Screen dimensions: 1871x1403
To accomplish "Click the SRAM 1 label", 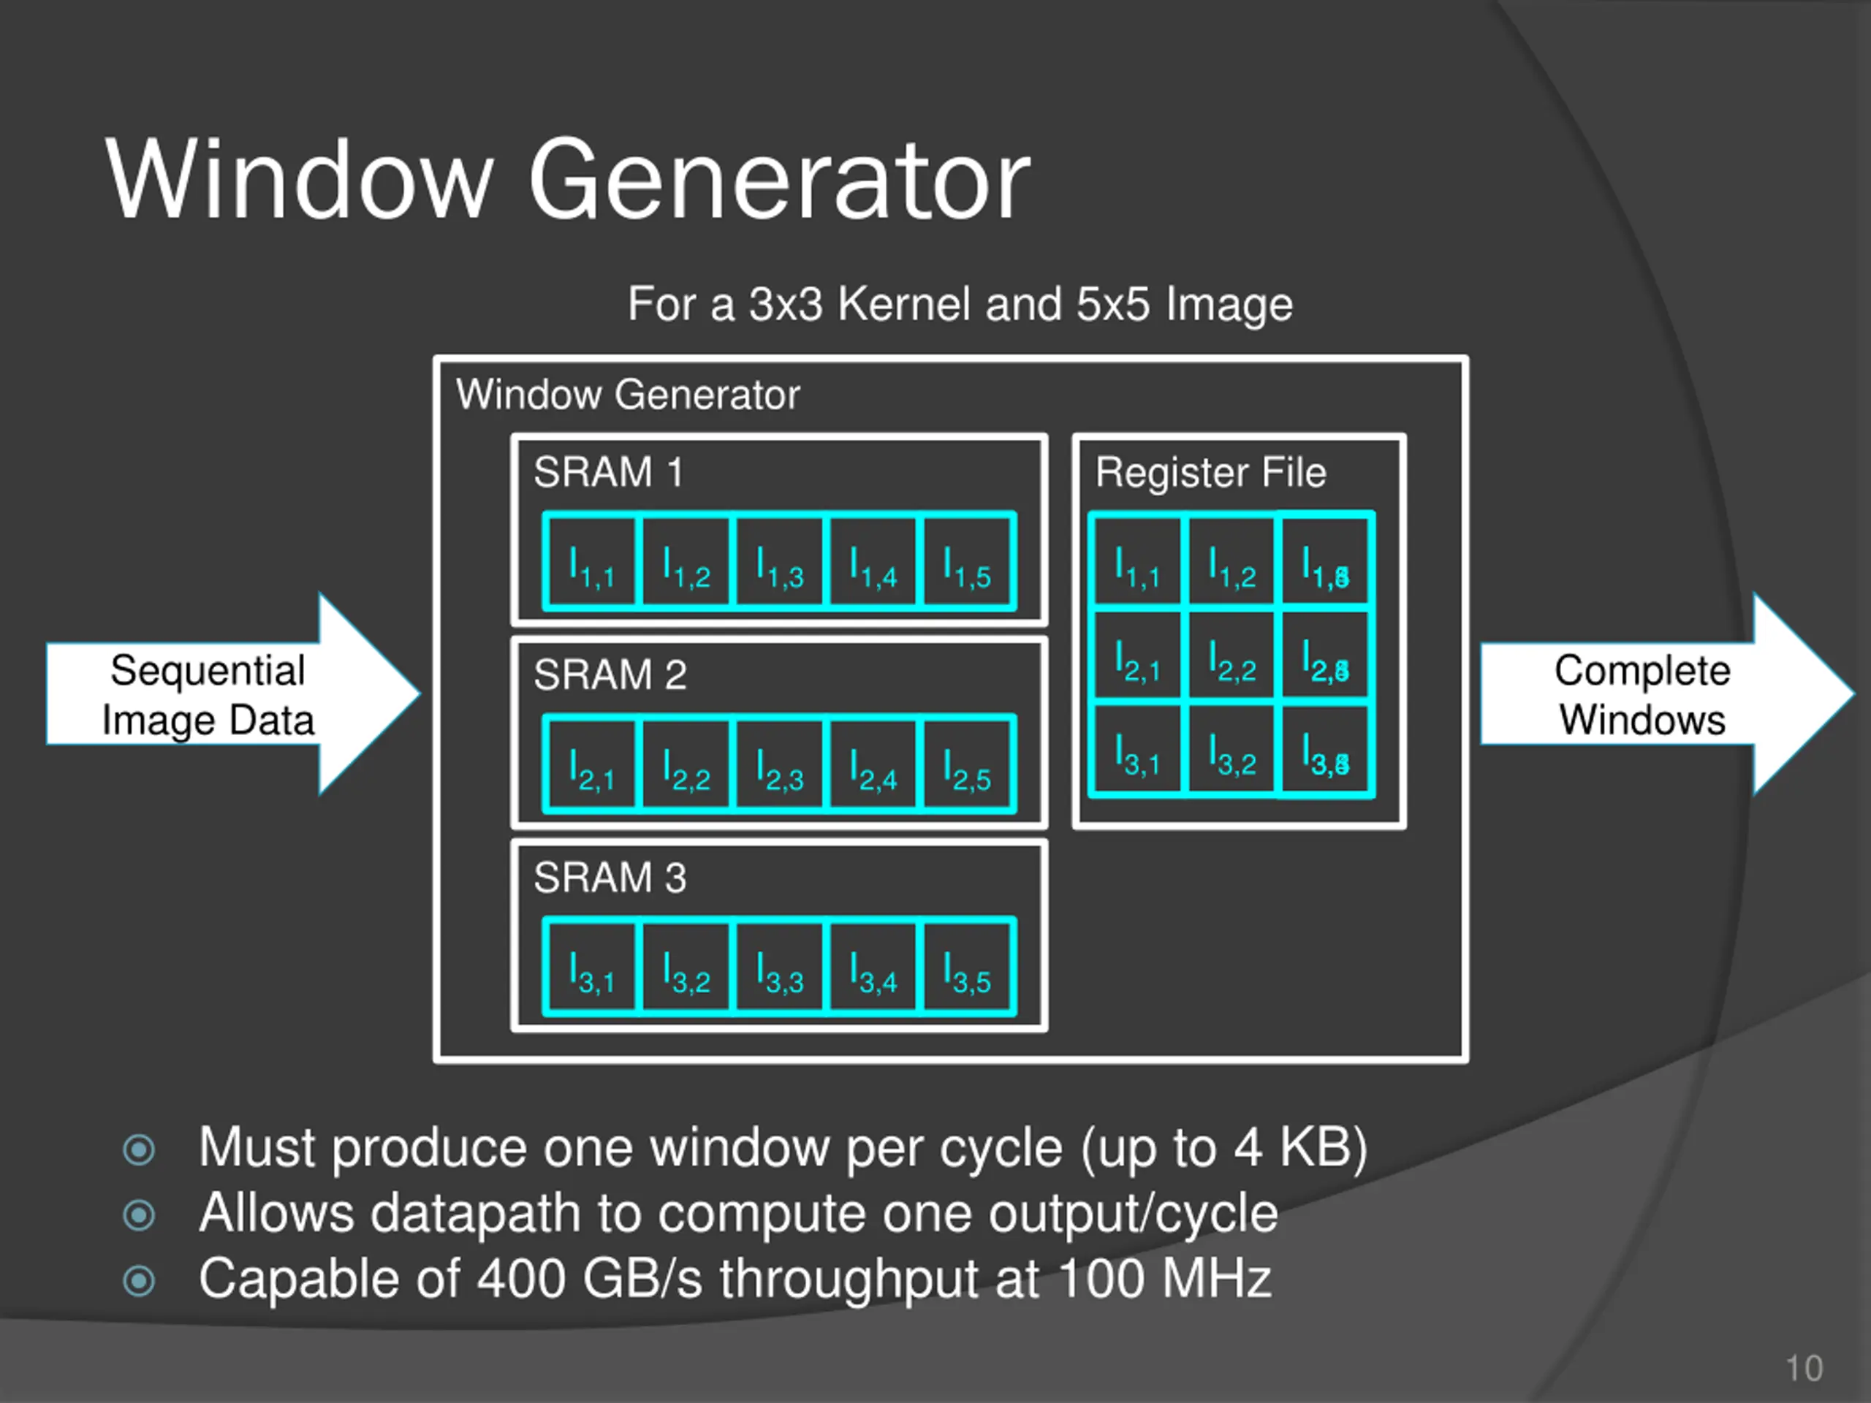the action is (608, 472).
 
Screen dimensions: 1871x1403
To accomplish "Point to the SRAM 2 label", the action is (610, 675).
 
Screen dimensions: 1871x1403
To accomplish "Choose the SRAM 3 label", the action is (610, 878).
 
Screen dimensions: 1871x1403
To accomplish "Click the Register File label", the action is (1210, 473).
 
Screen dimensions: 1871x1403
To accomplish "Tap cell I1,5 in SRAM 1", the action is (967, 561).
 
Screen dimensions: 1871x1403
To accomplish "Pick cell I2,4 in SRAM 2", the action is (873, 764).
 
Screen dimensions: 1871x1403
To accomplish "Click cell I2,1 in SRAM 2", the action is (591, 764).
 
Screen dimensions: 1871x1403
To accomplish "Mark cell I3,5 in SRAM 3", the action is (967, 967).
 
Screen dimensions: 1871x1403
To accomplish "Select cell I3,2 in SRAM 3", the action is (685, 967).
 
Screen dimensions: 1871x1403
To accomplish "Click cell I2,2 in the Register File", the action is (1231, 656).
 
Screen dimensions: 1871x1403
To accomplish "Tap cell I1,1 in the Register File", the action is (1136, 563).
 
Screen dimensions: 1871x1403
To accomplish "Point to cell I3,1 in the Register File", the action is (1136, 750).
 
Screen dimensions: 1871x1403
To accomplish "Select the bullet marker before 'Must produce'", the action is (139, 1149).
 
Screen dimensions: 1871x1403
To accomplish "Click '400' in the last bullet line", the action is (521, 1278).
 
